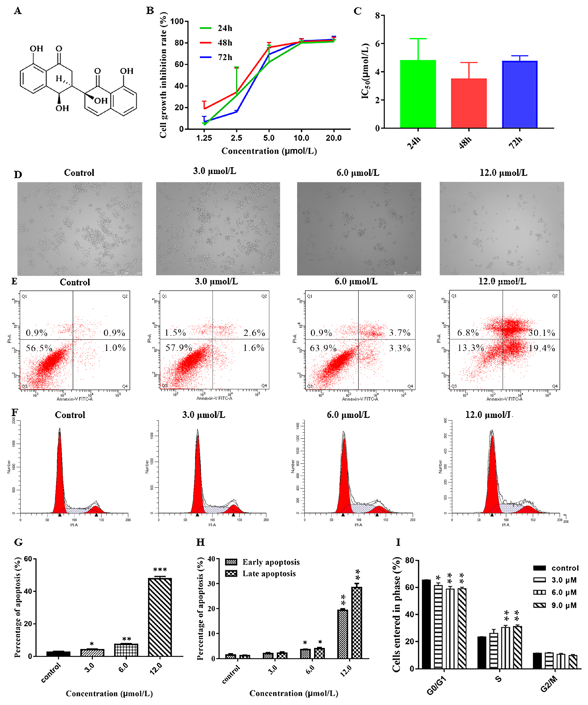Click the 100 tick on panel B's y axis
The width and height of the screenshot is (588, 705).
click(x=177, y=21)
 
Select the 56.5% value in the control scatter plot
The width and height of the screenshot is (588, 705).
click(x=39, y=348)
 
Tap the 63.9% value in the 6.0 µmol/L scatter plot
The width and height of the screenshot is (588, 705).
click(x=323, y=348)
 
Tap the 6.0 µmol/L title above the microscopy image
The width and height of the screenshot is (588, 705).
click(x=358, y=173)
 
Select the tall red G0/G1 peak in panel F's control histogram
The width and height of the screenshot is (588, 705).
click(x=60, y=477)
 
